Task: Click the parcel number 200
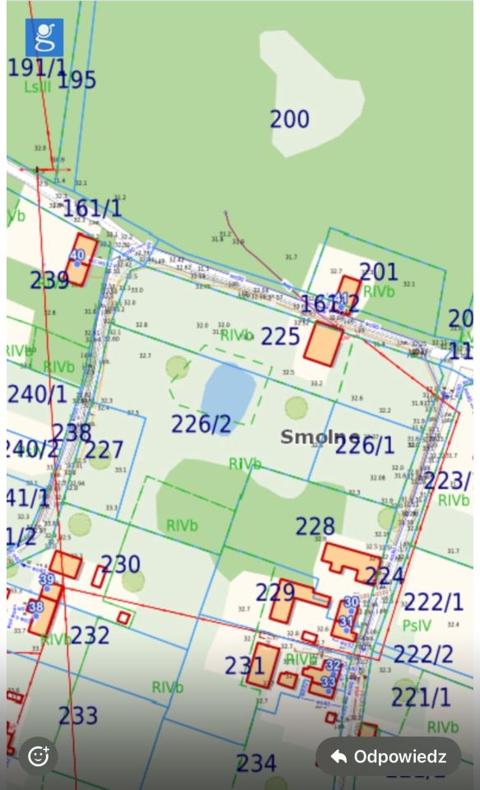click(290, 119)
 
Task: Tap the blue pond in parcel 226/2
click(228, 388)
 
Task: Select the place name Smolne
click(319, 436)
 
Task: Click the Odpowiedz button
click(389, 756)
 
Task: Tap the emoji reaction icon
click(38, 756)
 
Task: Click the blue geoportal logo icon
click(44, 37)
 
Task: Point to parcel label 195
click(77, 81)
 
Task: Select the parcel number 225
click(281, 337)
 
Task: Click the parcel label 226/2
click(201, 425)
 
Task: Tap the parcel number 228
click(315, 526)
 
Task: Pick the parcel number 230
click(120, 565)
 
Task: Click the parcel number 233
click(78, 715)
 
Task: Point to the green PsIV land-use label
click(417, 626)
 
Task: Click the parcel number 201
click(378, 272)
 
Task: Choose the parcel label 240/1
click(38, 393)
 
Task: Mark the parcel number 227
click(104, 450)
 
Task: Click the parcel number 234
click(256, 763)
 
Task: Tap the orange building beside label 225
click(324, 344)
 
